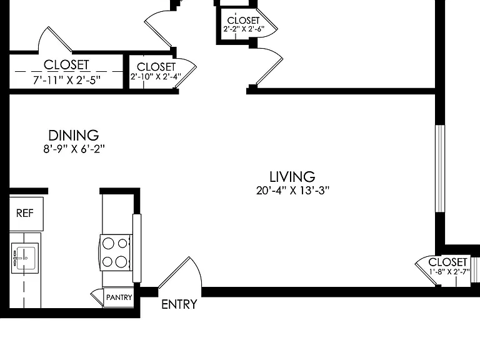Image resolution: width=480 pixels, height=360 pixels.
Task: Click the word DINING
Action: click(x=74, y=135)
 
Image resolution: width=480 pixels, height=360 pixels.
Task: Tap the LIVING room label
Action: click(x=292, y=177)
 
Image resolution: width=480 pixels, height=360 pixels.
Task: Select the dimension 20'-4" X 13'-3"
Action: click(x=292, y=191)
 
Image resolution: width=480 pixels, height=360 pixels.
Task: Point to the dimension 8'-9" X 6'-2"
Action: click(x=74, y=149)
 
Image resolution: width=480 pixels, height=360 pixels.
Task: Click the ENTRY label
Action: click(x=179, y=304)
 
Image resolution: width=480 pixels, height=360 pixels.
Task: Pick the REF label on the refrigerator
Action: click(x=25, y=213)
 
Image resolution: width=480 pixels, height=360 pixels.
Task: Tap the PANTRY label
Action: click(x=119, y=297)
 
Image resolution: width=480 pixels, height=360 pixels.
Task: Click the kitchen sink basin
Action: click(x=26, y=258)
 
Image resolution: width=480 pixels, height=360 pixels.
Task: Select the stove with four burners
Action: click(x=116, y=252)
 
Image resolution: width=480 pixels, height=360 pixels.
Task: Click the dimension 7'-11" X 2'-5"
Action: click(x=67, y=80)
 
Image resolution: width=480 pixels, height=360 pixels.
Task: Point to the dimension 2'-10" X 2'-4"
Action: click(x=156, y=76)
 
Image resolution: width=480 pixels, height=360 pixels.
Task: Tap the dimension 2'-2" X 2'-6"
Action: click(x=244, y=29)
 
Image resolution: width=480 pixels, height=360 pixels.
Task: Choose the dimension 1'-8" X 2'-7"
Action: click(x=449, y=271)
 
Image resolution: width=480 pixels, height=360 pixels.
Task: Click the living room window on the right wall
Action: click(x=440, y=168)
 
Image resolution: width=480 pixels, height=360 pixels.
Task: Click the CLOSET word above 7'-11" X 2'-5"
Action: click(x=66, y=65)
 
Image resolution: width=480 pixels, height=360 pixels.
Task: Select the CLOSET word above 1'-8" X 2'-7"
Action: click(x=447, y=262)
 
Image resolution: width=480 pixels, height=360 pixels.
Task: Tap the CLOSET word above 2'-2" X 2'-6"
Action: click(x=243, y=21)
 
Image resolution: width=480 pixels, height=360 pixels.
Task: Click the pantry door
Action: click(x=97, y=297)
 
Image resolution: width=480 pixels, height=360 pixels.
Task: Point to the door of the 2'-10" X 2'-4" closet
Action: click(x=185, y=76)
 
